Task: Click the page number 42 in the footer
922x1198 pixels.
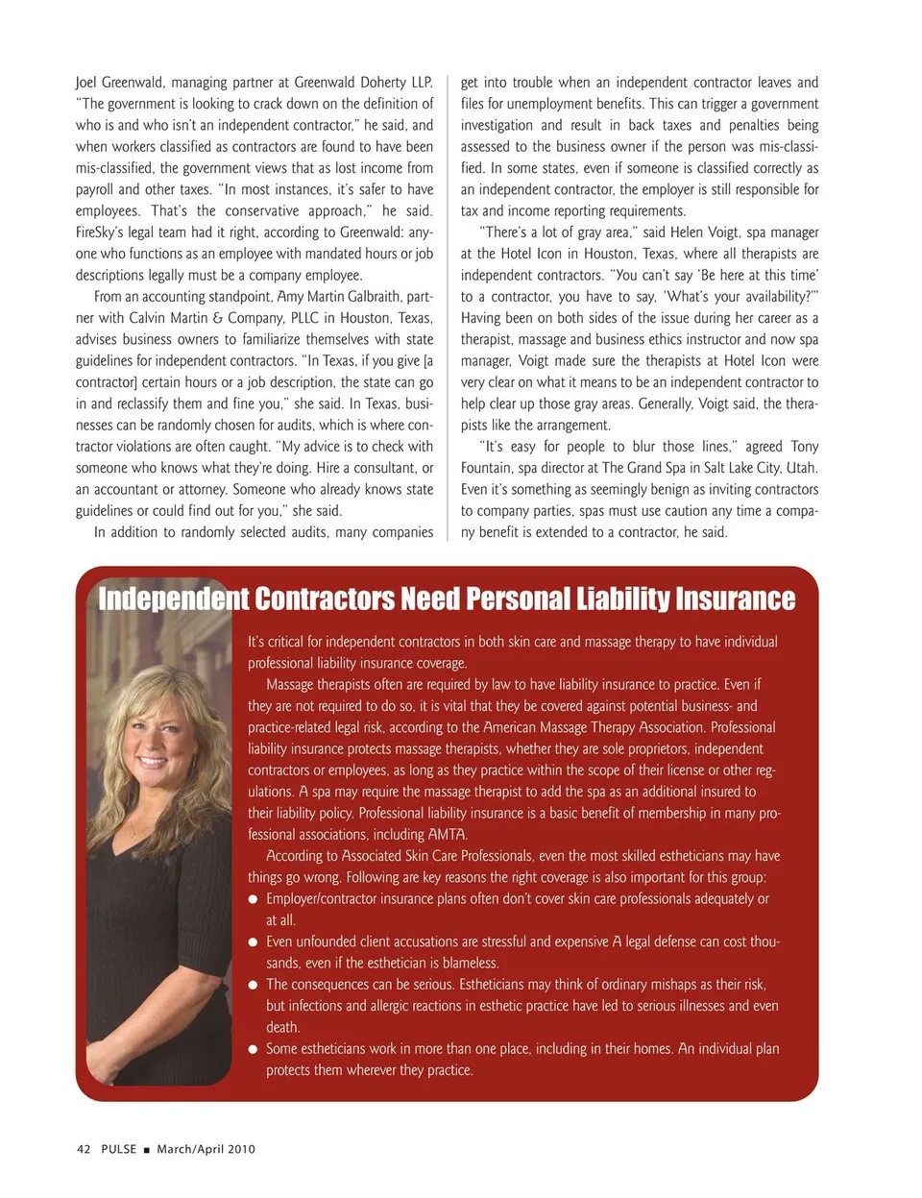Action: [84, 1149]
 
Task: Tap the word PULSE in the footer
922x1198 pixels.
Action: [119, 1149]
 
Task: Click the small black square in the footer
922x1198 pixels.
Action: [147, 1150]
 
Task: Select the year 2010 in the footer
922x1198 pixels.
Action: [241, 1149]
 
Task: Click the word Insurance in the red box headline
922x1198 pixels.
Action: [735, 599]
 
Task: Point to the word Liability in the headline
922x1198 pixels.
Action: [621, 599]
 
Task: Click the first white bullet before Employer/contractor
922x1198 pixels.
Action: [254, 900]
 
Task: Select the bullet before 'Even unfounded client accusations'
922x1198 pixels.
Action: [254, 942]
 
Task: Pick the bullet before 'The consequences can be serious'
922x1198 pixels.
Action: [254, 986]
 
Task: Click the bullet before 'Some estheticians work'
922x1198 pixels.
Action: [254, 1050]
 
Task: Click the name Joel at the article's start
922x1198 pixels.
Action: [87, 83]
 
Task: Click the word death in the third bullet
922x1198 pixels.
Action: [282, 1027]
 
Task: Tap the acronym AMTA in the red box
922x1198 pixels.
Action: [447, 834]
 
